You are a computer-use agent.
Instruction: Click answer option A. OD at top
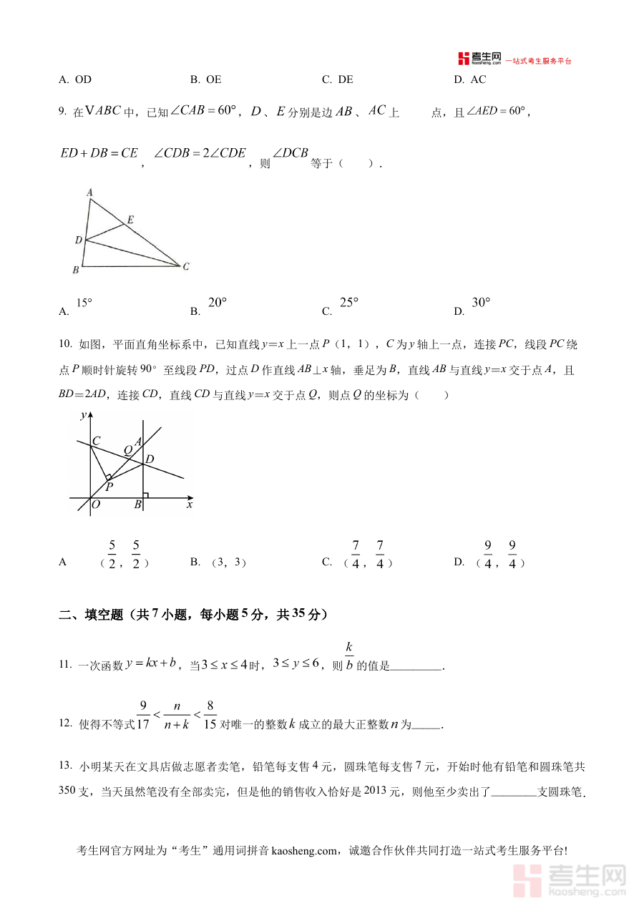point(75,79)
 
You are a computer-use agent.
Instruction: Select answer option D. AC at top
point(470,79)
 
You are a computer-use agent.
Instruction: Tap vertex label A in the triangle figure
point(89,193)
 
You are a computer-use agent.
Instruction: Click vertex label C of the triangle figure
point(186,266)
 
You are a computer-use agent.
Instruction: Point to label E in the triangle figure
point(130,219)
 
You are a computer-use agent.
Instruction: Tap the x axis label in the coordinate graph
point(190,505)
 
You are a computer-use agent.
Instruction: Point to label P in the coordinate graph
point(109,487)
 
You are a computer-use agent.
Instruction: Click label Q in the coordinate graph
point(128,450)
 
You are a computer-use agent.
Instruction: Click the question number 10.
point(65,345)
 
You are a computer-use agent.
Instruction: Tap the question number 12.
point(65,724)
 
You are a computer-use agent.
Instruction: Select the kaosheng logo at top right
point(479,59)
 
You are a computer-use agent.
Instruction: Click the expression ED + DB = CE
point(99,153)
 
